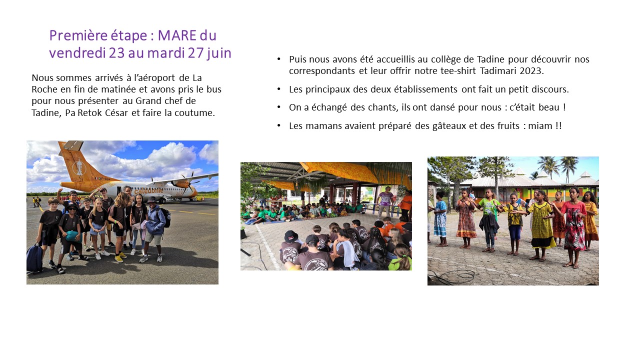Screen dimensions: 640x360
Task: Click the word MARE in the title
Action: click(177, 35)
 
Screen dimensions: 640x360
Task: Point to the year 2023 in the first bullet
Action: click(531, 71)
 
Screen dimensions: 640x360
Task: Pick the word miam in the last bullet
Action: click(540, 126)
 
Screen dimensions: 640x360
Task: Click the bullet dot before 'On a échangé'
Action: click(279, 107)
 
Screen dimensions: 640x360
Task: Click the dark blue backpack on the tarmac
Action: click(34, 257)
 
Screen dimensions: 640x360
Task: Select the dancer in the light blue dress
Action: click(440, 219)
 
